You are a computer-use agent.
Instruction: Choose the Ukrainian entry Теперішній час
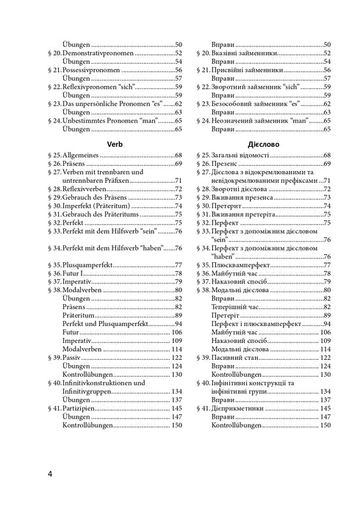(x=241, y=307)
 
